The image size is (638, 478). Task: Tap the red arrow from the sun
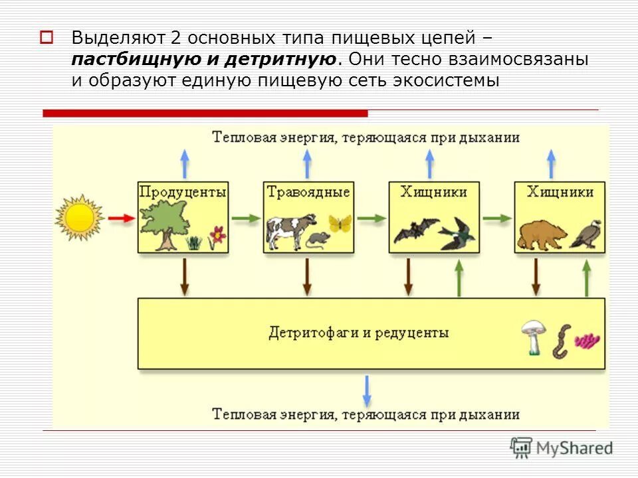pyautogui.click(x=120, y=218)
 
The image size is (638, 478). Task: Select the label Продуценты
pyautogui.click(x=183, y=192)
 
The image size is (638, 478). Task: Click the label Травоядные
pyautogui.click(x=308, y=192)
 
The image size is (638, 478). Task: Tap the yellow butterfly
pyautogui.click(x=339, y=223)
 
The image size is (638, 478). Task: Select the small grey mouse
pyautogui.click(x=316, y=239)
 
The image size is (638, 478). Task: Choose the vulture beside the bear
pyautogui.click(x=587, y=233)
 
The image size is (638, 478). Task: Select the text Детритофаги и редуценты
pyautogui.click(x=358, y=332)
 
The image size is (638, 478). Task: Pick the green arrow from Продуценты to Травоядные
pyautogui.click(x=245, y=218)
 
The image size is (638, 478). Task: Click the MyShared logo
pyautogui.click(x=562, y=447)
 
